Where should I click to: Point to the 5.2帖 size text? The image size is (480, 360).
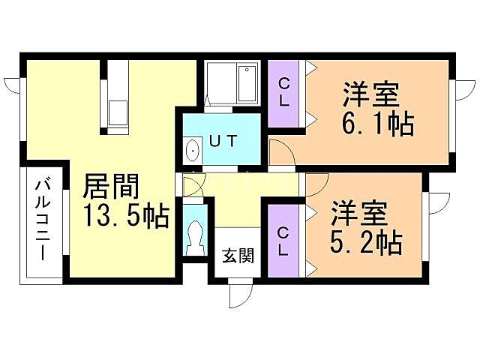pyautogui.click(x=366, y=241)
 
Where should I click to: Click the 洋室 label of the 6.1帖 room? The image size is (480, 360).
pyautogui.click(x=370, y=95)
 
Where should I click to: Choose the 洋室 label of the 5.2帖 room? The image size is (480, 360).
pyautogui.click(x=359, y=214)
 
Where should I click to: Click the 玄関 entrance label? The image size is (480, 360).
pyautogui.click(x=236, y=255)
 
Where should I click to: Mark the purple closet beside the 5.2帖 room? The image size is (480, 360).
pyautogui.click(x=283, y=240)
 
